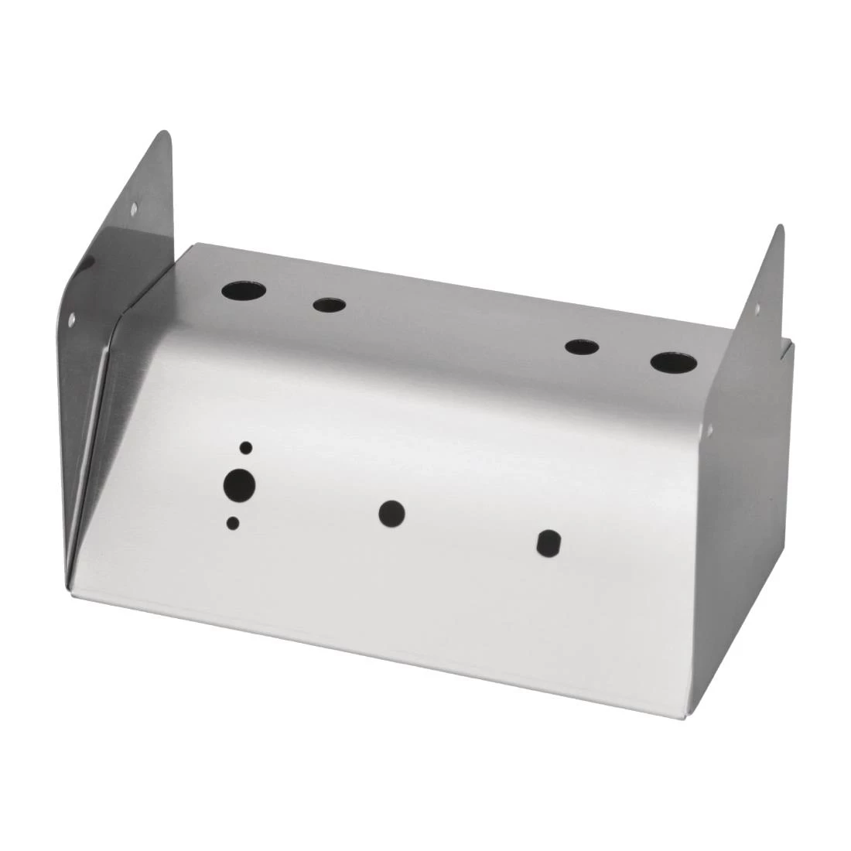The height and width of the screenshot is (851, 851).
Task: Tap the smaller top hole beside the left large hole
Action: point(328,304)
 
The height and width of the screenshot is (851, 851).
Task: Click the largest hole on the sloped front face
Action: point(239,485)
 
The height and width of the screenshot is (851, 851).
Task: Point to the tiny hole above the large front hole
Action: point(246,447)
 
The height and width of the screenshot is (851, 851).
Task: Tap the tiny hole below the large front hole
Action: point(232,524)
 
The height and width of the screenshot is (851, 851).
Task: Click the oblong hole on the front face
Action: point(549,542)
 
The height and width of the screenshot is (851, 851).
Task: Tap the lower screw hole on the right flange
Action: point(711,425)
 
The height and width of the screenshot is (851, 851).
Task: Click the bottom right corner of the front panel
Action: point(684,716)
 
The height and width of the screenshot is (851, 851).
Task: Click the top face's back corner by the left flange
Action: point(190,245)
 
